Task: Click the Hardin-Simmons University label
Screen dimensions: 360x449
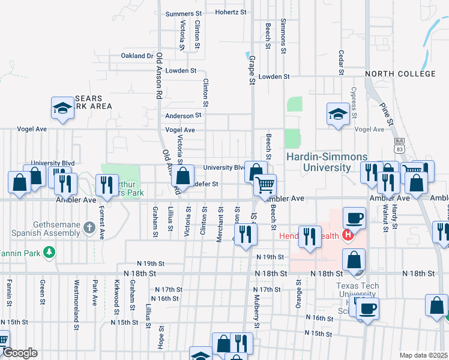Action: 327,161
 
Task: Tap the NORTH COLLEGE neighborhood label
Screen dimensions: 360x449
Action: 400,74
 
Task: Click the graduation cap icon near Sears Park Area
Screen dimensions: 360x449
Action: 62,108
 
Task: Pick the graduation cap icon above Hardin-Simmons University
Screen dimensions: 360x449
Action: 338,113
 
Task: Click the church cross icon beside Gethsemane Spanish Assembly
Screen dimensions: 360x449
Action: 89,227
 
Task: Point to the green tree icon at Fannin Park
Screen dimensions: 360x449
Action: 52,253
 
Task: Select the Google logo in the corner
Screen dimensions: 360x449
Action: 20,353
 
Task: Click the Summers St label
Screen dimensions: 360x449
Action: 184,13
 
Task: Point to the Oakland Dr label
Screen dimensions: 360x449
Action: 137,56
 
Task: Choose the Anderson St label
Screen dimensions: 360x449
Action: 183,116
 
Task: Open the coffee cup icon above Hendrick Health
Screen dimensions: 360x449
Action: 354,218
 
